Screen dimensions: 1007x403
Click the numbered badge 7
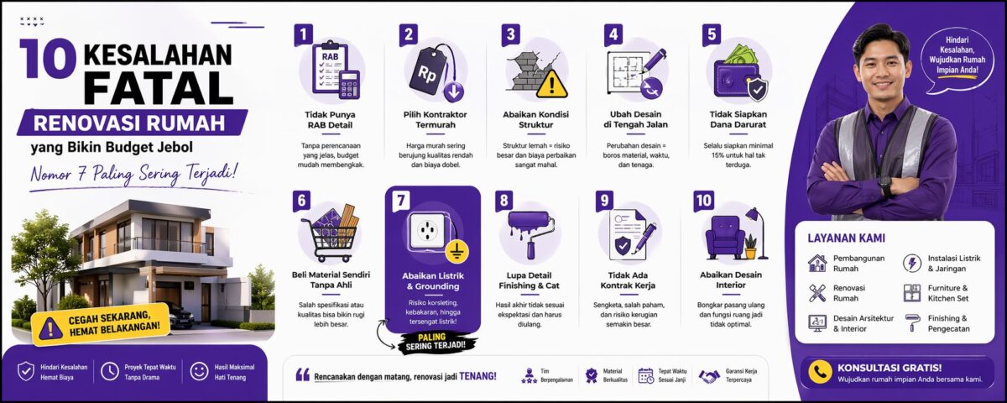coord(400,201)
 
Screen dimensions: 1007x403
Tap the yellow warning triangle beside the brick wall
coord(552,84)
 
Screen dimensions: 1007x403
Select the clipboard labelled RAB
coord(331,67)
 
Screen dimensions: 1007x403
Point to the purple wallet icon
coord(735,80)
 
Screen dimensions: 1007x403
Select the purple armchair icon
coord(725,237)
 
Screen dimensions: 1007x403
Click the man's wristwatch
coord(885,185)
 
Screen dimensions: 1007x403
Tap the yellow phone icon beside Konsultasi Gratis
coord(820,372)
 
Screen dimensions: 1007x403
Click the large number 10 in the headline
coord(48,58)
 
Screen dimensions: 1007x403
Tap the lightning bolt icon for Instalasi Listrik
coord(911,263)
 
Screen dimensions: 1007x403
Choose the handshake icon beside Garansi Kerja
coord(709,375)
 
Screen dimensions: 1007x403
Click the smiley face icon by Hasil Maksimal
coord(199,371)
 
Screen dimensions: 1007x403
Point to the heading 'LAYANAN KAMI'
coord(846,238)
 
